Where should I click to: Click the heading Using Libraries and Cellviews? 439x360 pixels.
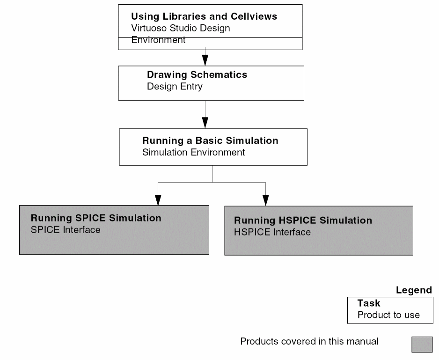[204, 16]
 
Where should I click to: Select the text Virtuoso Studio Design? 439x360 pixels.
[181, 28]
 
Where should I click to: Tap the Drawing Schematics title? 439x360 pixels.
[197, 74]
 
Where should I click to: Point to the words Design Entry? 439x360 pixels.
[175, 86]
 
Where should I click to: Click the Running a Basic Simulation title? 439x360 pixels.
[210, 140]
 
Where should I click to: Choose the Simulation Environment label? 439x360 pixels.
[193, 152]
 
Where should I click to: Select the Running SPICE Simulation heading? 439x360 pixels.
[96, 218]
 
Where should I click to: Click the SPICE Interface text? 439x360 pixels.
[66, 229]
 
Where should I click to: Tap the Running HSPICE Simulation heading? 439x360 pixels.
[303, 220]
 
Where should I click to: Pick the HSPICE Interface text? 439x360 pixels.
[272, 232]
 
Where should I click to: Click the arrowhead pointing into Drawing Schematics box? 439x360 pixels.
[205, 60]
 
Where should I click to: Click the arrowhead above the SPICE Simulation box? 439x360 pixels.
[158, 200]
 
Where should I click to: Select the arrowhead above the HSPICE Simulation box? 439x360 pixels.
[266, 200]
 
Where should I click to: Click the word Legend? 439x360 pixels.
[414, 290]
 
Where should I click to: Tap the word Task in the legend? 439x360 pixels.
[369, 303]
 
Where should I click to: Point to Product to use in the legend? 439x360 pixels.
[388, 315]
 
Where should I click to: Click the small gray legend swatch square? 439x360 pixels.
[422, 344]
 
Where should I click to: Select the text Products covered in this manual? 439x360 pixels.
[309, 341]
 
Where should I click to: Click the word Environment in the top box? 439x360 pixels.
[158, 40]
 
